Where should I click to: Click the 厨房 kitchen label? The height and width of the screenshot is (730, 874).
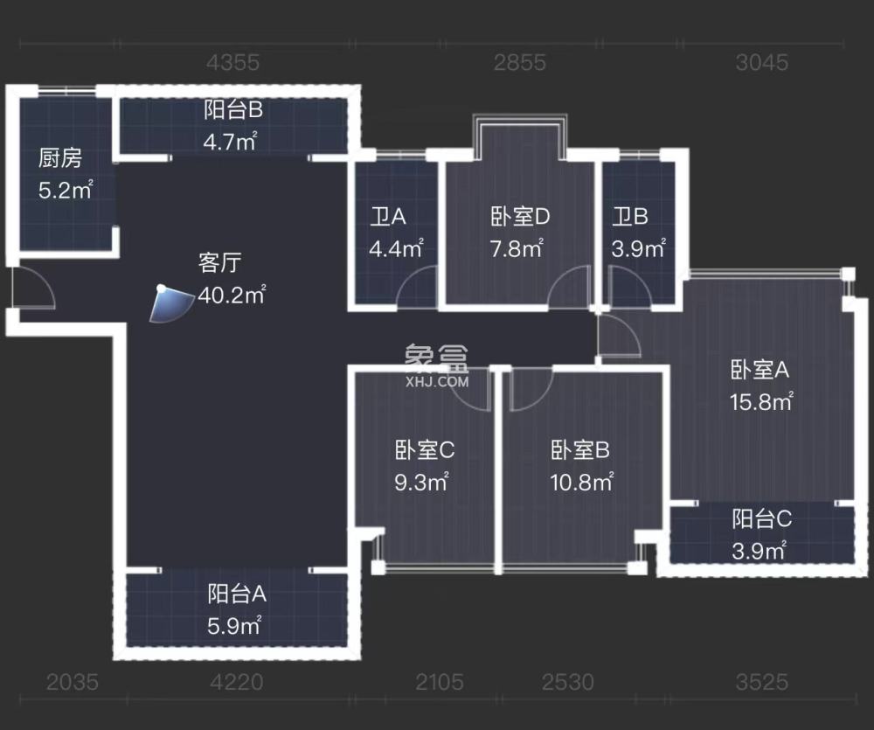tap(60, 158)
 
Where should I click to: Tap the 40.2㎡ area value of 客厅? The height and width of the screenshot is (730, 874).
tap(232, 295)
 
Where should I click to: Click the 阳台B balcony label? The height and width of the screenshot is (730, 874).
tap(233, 110)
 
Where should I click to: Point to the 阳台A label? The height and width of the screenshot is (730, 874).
tap(237, 594)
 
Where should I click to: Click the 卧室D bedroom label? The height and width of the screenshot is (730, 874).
tap(520, 216)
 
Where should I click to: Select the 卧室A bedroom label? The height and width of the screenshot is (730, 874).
tap(760, 370)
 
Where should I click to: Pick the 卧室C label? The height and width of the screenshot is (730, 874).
tap(424, 450)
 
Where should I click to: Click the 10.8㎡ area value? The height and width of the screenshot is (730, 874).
tap(580, 481)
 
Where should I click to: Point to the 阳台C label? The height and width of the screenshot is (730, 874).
tap(762, 518)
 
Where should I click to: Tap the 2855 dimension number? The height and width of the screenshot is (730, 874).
tap(520, 62)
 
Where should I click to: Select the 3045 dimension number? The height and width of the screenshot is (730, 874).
tap(762, 62)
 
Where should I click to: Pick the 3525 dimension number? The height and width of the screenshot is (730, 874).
tap(762, 681)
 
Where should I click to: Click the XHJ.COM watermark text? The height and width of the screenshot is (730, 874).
tap(437, 381)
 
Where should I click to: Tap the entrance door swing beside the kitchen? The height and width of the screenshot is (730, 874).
tap(33, 289)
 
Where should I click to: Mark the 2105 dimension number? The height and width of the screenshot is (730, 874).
tap(440, 681)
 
